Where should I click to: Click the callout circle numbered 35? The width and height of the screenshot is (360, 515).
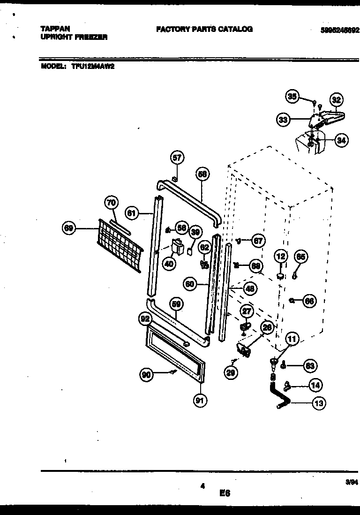(x=292, y=97)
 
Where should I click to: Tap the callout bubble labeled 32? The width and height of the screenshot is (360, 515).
(x=336, y=99)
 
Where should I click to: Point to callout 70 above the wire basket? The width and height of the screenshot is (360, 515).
(x=111, y=203)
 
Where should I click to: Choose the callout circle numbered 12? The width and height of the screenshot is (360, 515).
(x=281, y=257)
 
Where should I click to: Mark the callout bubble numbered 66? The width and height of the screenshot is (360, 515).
(x=309, y=301)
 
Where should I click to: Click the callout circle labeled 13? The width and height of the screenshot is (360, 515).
(x=319, y=402)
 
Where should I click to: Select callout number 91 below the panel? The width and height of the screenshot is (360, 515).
(x=200, y=400)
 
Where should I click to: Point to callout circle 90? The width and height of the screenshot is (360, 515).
(x=147, y=374)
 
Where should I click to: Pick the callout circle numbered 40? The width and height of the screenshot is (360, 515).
(x=169, y=264)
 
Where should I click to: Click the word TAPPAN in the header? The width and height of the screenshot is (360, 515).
(x=55, y=29)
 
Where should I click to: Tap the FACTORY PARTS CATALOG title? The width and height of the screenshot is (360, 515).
(x=204, y=29)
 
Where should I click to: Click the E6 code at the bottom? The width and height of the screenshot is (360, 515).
(x=225, y=493)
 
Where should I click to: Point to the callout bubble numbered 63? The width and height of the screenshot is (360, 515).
(x=310, y=365)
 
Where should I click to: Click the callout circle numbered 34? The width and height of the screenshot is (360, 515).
(x=342, y=140)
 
